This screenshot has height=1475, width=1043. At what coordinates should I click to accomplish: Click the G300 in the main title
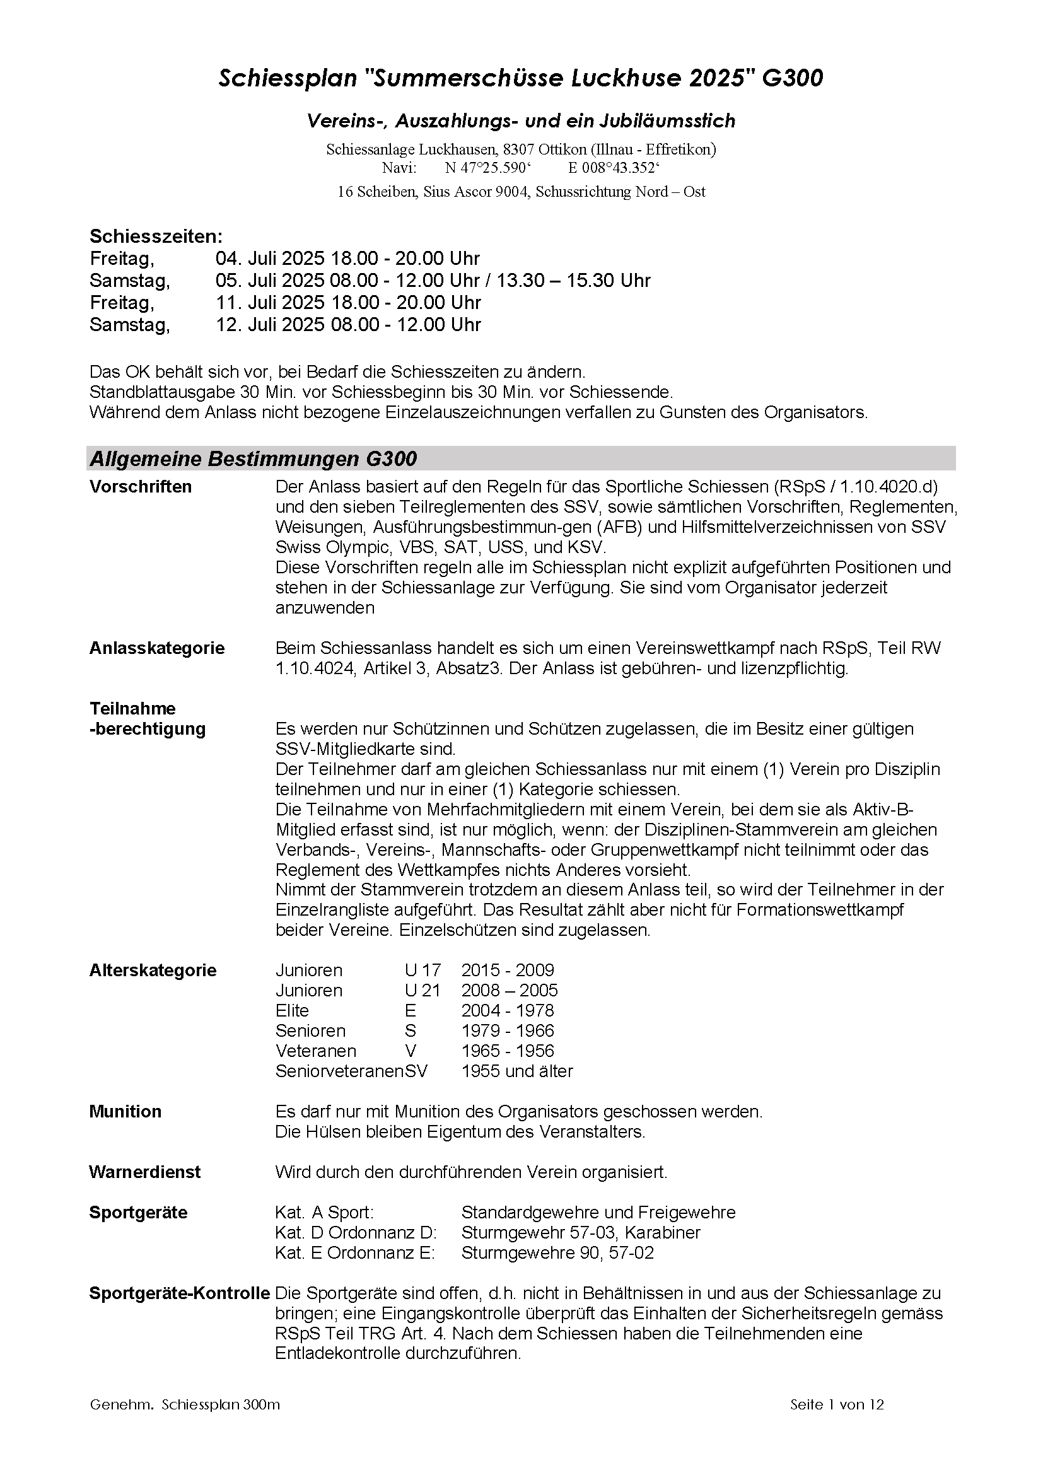(793, 78)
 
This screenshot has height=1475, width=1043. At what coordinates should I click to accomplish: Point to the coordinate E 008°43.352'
(614, 168)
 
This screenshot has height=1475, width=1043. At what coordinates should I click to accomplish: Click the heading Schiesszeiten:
(156, 236)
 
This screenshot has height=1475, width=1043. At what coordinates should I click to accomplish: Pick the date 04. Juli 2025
(271, 259)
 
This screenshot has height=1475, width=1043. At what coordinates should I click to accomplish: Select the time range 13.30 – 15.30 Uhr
(573, 281)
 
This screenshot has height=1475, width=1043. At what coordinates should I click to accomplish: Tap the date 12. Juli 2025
(271, 324)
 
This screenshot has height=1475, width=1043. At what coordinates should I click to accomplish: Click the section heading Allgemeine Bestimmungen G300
(253, 458)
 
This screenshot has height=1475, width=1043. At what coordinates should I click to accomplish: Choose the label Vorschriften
(141, 487)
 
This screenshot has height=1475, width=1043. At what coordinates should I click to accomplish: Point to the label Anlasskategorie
(157, 648)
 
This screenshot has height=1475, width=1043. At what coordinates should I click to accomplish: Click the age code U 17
(422, 970)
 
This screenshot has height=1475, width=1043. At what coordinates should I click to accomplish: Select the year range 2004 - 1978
(508, 1010)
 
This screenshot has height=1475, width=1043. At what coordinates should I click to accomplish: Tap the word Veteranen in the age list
(316, 1051)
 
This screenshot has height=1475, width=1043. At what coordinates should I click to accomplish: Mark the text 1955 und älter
(517, 1071)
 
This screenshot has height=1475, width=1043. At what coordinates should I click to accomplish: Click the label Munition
(125, 1111)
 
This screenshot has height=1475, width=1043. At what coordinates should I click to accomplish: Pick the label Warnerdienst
(144, 1172)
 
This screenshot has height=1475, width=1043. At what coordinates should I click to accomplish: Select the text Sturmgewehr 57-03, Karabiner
(581, 1232)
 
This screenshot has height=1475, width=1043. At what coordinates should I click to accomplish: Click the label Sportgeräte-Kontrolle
(179, 1293)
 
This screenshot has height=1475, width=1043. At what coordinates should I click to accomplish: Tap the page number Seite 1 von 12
(837, 1404)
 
